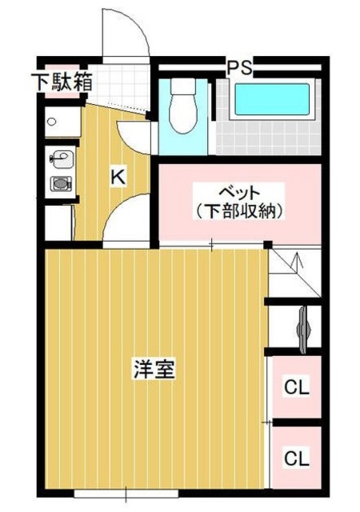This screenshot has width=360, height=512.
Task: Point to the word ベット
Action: click(x=241, y=194)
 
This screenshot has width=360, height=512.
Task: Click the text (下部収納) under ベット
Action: click(x=241, y=211)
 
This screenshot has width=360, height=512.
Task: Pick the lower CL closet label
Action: click(x=297, y=459)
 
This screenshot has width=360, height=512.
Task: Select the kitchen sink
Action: click(x=60, y=158)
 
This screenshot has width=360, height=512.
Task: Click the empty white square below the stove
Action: click(x=60, y=222)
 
